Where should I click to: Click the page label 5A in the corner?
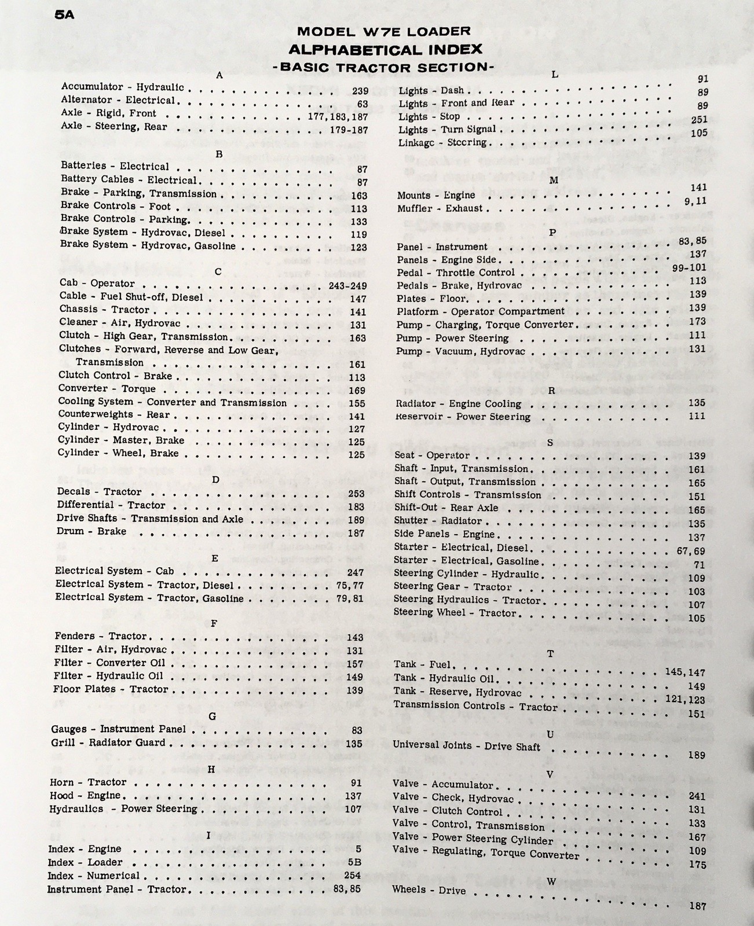tap(65, 14)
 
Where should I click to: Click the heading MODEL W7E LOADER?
tap(383, 32)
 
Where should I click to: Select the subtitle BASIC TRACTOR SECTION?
tap(383, 67)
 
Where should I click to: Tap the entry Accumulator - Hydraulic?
tap(123, 87)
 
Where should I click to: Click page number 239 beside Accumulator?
tap(360, 91)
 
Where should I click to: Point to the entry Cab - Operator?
tap(97, 284)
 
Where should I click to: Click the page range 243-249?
tap(347, 286)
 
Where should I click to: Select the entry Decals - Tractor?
tap(99, 492)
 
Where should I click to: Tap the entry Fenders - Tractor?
tap(101, 636)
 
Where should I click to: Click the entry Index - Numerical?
tap(93, 876)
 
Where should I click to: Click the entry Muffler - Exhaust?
tap(440, 208)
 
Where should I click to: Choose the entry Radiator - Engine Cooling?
tap(458, 404)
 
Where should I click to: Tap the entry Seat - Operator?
tap(431, 455)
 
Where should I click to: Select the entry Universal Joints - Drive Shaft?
tap(466, 746)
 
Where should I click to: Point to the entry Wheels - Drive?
tap(429, 890)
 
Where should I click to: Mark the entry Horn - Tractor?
tap(88, 782)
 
